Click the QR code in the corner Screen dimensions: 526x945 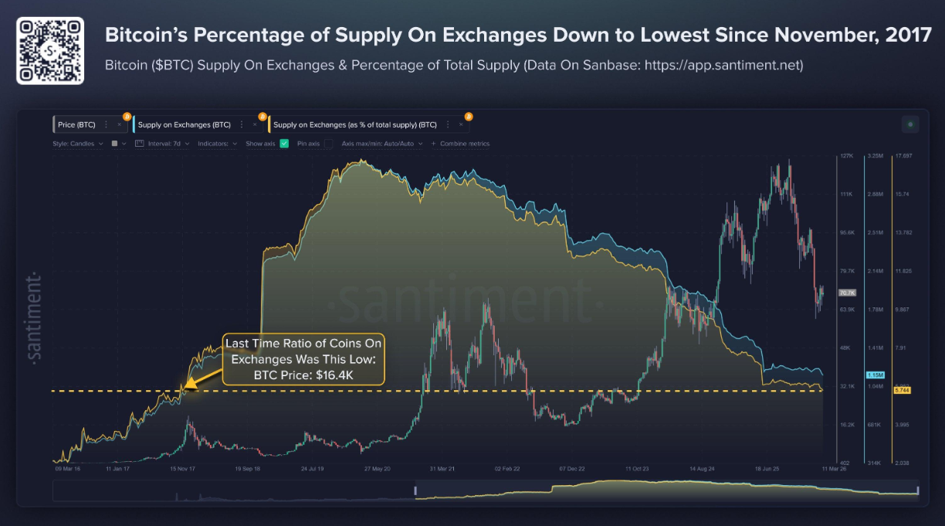click(50, 50)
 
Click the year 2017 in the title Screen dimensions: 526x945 click(909, 36)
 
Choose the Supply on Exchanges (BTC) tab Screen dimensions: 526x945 click(184, 124)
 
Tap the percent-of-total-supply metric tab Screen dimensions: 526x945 click(354, 124)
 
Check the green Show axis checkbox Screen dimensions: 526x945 click(284, 144)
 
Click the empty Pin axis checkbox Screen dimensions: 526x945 click(328, 144)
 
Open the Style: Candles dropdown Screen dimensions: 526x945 click(78, 144)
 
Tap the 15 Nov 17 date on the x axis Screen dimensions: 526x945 click(183, 468)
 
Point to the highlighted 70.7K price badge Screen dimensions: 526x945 click(847, 293)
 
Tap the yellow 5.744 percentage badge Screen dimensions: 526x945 click(903, 391)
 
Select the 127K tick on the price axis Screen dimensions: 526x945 click(847, 156)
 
